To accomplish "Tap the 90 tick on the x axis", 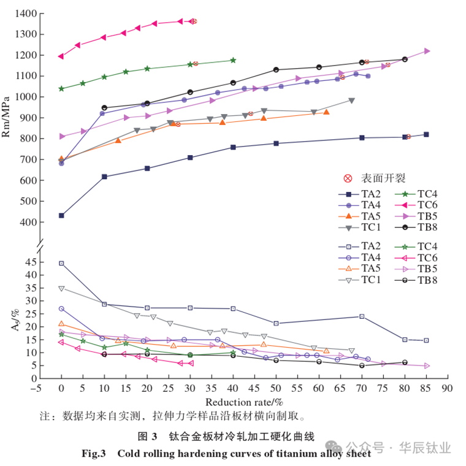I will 447,388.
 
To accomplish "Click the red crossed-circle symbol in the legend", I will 348,178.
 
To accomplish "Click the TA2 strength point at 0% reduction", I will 61,215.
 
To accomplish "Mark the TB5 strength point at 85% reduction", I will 427,51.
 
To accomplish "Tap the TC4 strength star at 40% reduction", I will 233,60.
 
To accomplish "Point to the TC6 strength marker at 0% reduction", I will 61,56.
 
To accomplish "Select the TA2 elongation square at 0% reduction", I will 61,263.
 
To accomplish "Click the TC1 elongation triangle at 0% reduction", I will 61,288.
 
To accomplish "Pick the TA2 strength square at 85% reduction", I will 426,134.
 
